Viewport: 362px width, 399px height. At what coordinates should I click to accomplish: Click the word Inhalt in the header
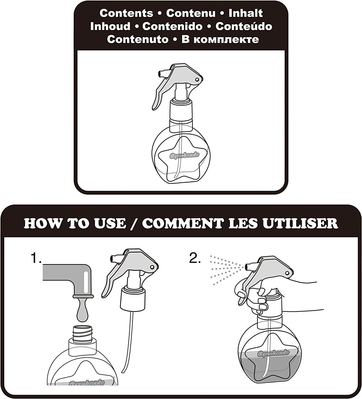(245, 13)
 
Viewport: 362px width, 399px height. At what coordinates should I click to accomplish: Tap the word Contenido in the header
(172, 26)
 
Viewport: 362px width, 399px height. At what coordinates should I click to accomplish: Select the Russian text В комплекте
(220, 39)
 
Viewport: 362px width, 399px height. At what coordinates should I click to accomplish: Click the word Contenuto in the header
(138, 39)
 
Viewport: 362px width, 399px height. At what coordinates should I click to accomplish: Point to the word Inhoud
(110, 26)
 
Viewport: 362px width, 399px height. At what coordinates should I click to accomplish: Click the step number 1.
(36, 258)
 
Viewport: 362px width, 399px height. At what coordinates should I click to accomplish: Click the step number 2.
(195, 258)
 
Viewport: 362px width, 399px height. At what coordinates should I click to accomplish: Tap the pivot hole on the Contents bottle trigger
(197, 80)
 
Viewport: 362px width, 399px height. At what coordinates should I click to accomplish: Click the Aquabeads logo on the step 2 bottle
(273, 353)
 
